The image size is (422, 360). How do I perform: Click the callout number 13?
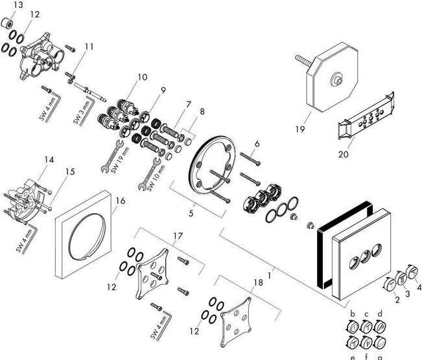pos(18,5)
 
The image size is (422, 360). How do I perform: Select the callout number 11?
pos(89,46)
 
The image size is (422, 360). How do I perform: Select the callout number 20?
pos(343,154)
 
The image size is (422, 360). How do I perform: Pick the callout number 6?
pos(257,143)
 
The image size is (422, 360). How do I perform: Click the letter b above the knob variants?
pos(353,313)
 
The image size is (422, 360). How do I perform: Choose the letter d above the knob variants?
pos(380,313)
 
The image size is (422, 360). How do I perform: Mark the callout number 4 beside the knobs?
pos(419,287)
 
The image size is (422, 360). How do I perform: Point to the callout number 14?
pos(48,159)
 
